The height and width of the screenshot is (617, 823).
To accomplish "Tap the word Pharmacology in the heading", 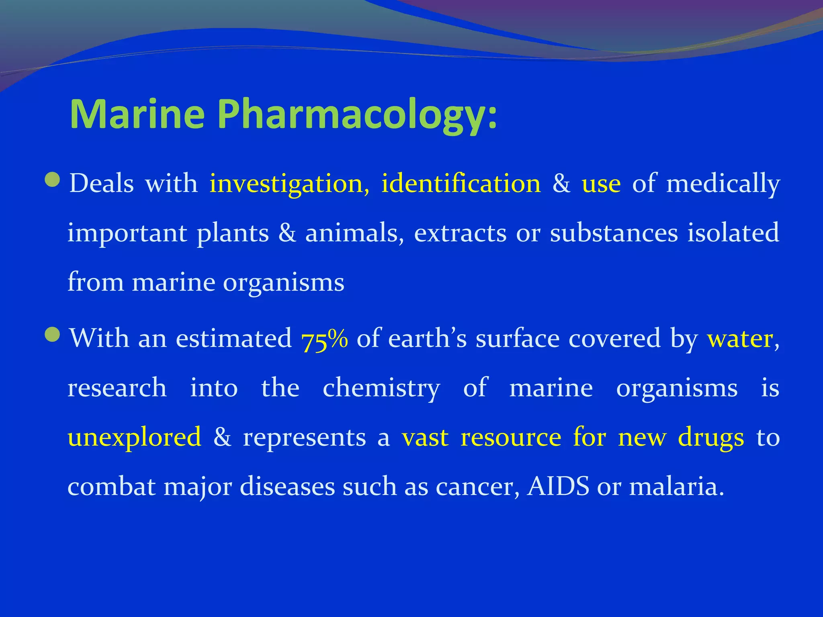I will pyautogui.click(x=358, y=114).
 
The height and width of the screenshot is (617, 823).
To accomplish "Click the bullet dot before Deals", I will pyautogui.click(x=53, y=180).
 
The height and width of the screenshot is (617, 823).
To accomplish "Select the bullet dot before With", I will pyautogui.click(x=53, y=334).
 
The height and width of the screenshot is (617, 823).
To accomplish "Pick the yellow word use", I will pyautogui.click(x=601, y=184).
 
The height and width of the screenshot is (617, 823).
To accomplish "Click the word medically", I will pyautogui.click(x=723, y=184).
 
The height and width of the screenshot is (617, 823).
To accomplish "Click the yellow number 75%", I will pyautogui.click(x=324, y=339).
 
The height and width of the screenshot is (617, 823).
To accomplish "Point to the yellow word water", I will pyautogui.click(x=740, y=339).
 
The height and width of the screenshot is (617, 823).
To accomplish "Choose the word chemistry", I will pyautogui.click(x=381, y=388).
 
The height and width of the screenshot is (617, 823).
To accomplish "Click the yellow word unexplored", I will pyautogui.click(x=135, y=437).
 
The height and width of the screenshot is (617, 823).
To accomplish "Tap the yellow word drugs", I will pyautogui.click(x=711, y=438).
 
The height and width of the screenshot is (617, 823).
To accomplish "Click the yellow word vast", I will pyautogui.click(x=425, y=437).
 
